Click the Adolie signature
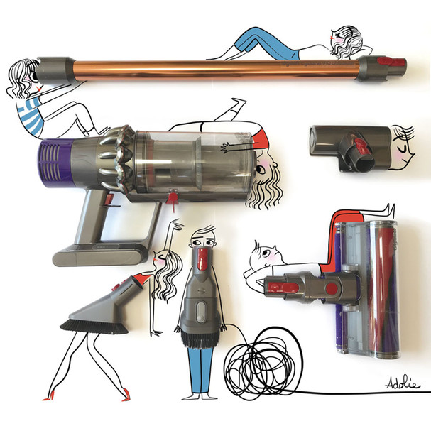(403, 383)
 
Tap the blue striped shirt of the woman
(30, 116)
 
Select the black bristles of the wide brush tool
(94, 327)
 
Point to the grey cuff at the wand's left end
(55, 70)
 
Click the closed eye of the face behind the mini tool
(401, 149)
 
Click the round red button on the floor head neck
(332, 288)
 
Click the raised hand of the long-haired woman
(176, 224)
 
